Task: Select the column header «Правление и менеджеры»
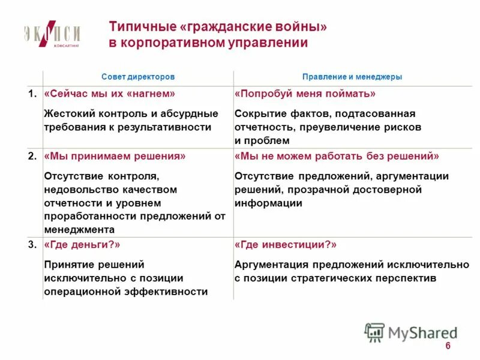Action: pos(352,77)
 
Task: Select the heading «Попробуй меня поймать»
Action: pos(305,94)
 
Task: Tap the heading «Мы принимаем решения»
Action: pos(115,156)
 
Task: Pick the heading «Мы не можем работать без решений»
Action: pos(337,156)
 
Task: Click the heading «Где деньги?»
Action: pos(82,245)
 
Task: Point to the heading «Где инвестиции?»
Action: pos(286,245)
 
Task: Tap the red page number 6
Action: pos(448,348)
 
